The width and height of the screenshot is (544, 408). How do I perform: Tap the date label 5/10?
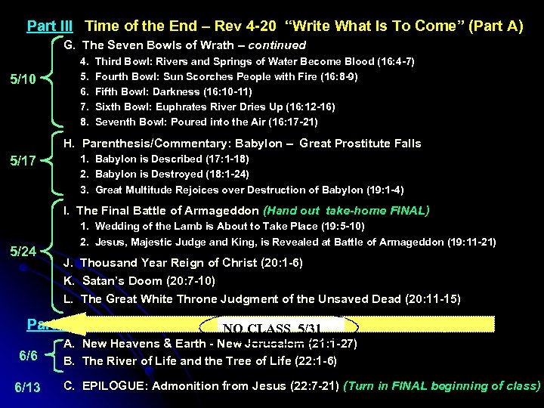pyautogui.click(x=23, y=79)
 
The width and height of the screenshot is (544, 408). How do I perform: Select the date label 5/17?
pyautogui.click(x=23, y=161)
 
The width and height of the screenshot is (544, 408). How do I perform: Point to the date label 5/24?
pyautogui.click(x=23, y=252)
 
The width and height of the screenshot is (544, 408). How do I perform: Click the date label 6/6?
pyautogui.click(x=28, y=355)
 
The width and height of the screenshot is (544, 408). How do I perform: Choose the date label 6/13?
pyautogui.click(x=28, y=387)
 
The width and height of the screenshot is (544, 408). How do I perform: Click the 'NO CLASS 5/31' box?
pyautogui.click(x=280, y=328)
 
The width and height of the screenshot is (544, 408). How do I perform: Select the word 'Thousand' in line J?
pyautogui.click(x=109, y=263)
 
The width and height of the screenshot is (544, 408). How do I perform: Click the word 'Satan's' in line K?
pyautogui.click(x=104, y=281)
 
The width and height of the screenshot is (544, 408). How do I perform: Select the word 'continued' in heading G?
pyautogui.click(x=277, y=45)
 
